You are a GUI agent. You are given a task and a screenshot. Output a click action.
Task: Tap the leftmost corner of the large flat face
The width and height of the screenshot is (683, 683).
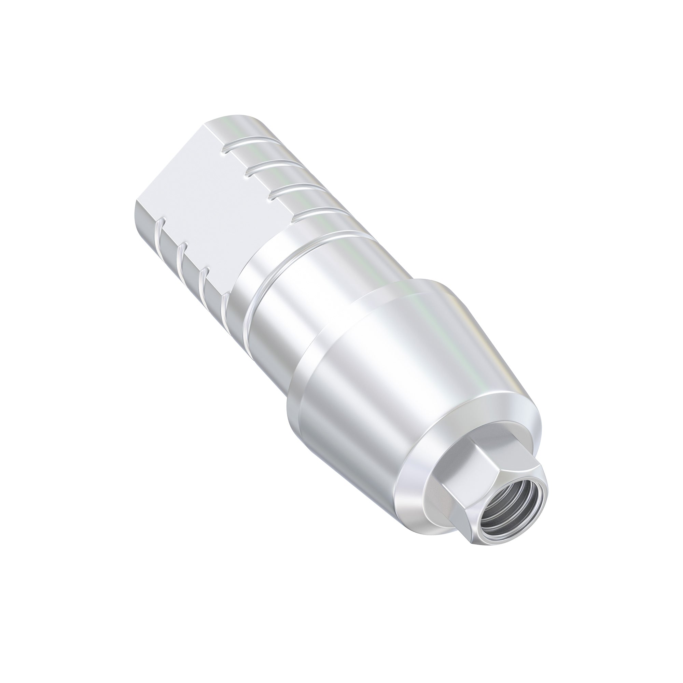(137, 200)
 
